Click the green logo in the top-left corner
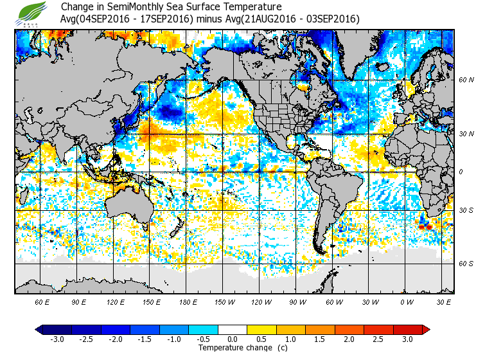(x=33, y=13)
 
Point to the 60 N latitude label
(x=466, y=80)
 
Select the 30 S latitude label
(x=466, y=210)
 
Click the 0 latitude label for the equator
(x=461, y=172)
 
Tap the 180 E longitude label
(x=188, y=301)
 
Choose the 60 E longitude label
(x=42, y=301)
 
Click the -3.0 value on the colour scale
(x=57, y=339)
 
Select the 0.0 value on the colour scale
(x=232, y=339)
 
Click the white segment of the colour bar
(x=232, y=329)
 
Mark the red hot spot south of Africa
(x=423, y=226)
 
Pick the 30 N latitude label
(x=466, y=133)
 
